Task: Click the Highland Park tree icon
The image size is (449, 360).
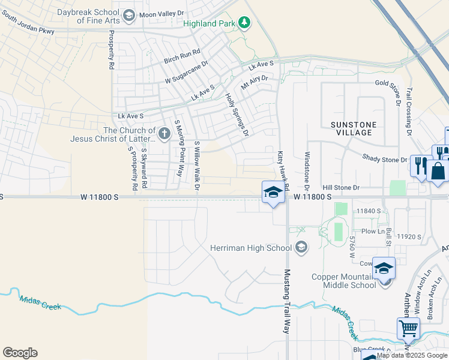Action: pyautogui.click(x=244, y=23)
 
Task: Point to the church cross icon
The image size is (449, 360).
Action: pyautogui.click(x=164, y=131)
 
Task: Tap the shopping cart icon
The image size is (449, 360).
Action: pyautogui.click(x=408, y=328)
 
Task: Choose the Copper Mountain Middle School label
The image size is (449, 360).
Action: pyautogui.click(x=344, y=281)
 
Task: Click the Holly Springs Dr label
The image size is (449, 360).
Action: pyautogui.click(x=237, y=113)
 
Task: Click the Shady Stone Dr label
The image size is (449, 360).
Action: pyautogui.click(x=385, y=159)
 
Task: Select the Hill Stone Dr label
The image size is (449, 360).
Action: pyautogui.click(x=340, y=187)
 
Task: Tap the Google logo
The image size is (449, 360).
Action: pyautogui.click(x=20, y=353)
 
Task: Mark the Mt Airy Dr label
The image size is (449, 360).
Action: pyautogui.click(x=254, y=82)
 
